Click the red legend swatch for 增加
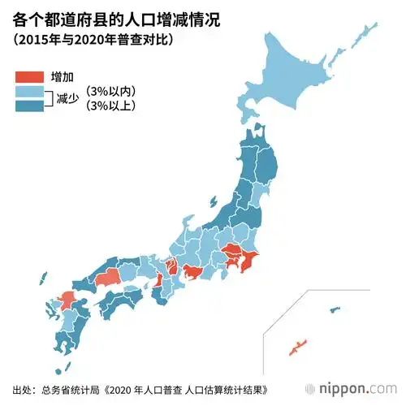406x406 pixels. point(30,77)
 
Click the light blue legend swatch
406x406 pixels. point(30,92)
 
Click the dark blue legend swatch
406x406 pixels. point(30,106)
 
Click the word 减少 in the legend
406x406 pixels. point(67,99)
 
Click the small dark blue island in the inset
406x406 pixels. point(334,309)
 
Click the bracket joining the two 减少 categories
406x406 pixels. point(50,99)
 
